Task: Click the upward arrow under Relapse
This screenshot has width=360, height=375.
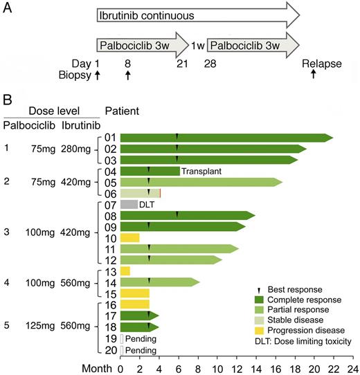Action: (x=314, y=75)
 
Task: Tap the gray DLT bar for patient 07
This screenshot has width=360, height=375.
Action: (x=129, y=204)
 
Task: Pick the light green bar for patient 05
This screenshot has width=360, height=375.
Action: (x=201, y=182)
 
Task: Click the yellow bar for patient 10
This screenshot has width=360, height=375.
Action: (x=130, y=237)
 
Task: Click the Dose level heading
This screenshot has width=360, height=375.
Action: (x=52, y=111)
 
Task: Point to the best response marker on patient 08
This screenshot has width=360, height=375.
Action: (x=177, y=215)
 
